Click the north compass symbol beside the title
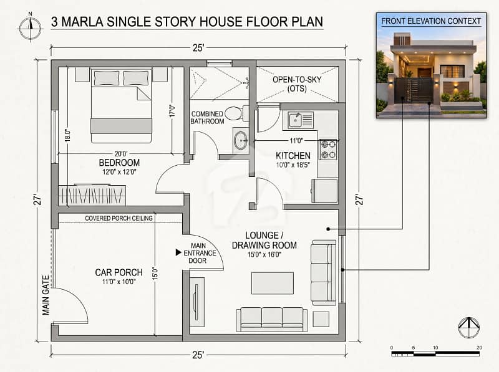click(30, 27)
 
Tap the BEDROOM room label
click(119, 163)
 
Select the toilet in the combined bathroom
click(237, 113)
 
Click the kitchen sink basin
click(295, 120)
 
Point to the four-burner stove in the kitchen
click(329, 150)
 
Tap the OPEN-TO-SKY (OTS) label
click(297, 84)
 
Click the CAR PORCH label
click(119, 272)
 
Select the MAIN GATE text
click(46, 295)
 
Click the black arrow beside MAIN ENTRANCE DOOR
click(178, 252)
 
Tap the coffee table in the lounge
click(273, 283)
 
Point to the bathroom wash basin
click(241, 141)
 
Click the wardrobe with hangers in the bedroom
click(92, 195)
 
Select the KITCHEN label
click(293, 156)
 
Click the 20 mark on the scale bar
click(479, 348)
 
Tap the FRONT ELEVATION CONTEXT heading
click(431, 21)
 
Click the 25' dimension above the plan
click(198, 48)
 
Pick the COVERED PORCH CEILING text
click(119, 218)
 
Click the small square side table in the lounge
click(321, 319)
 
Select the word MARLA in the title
click(82, 22)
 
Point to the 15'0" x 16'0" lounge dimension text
click(264, 254)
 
